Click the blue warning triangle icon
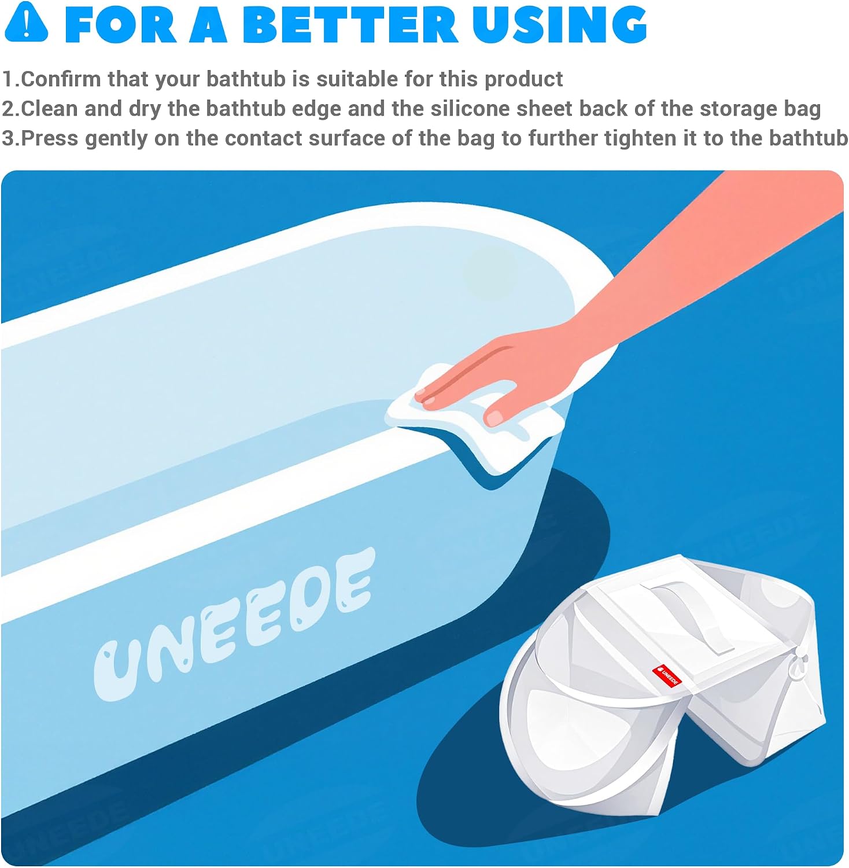(26, 23)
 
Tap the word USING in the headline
(559, 25)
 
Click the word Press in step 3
(49, 138)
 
